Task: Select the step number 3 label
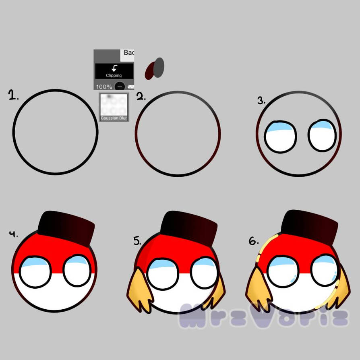coord(262,100)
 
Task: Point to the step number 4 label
coord(14,234)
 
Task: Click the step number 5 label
coord(138,241)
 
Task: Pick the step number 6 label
coord(253,241)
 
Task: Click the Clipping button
coord(114,71)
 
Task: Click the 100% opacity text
coord(104,87)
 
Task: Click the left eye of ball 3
coord(281,137)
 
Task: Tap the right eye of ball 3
coord(323,135)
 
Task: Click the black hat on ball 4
coord(66,228)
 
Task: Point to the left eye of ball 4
coord(35,272)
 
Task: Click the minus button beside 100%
coord(120,87)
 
